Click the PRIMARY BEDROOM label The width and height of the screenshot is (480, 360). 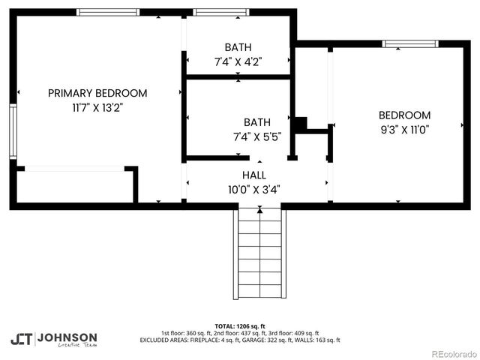(x=97, y=93)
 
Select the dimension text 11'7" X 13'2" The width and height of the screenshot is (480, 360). (x=97, y=107)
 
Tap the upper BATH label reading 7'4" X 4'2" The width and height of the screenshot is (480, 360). (x=238, y=47)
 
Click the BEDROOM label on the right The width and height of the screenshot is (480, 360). (x=404, y=115)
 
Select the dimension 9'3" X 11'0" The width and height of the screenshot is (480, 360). (x=404, y=129)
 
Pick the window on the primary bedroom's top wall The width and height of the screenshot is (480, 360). (x=108, y=13)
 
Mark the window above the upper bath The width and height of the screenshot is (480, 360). (x=220, y=13)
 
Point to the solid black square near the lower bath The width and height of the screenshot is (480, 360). (x=300, y=124)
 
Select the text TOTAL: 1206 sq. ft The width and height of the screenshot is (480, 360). (x=239, y=326)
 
